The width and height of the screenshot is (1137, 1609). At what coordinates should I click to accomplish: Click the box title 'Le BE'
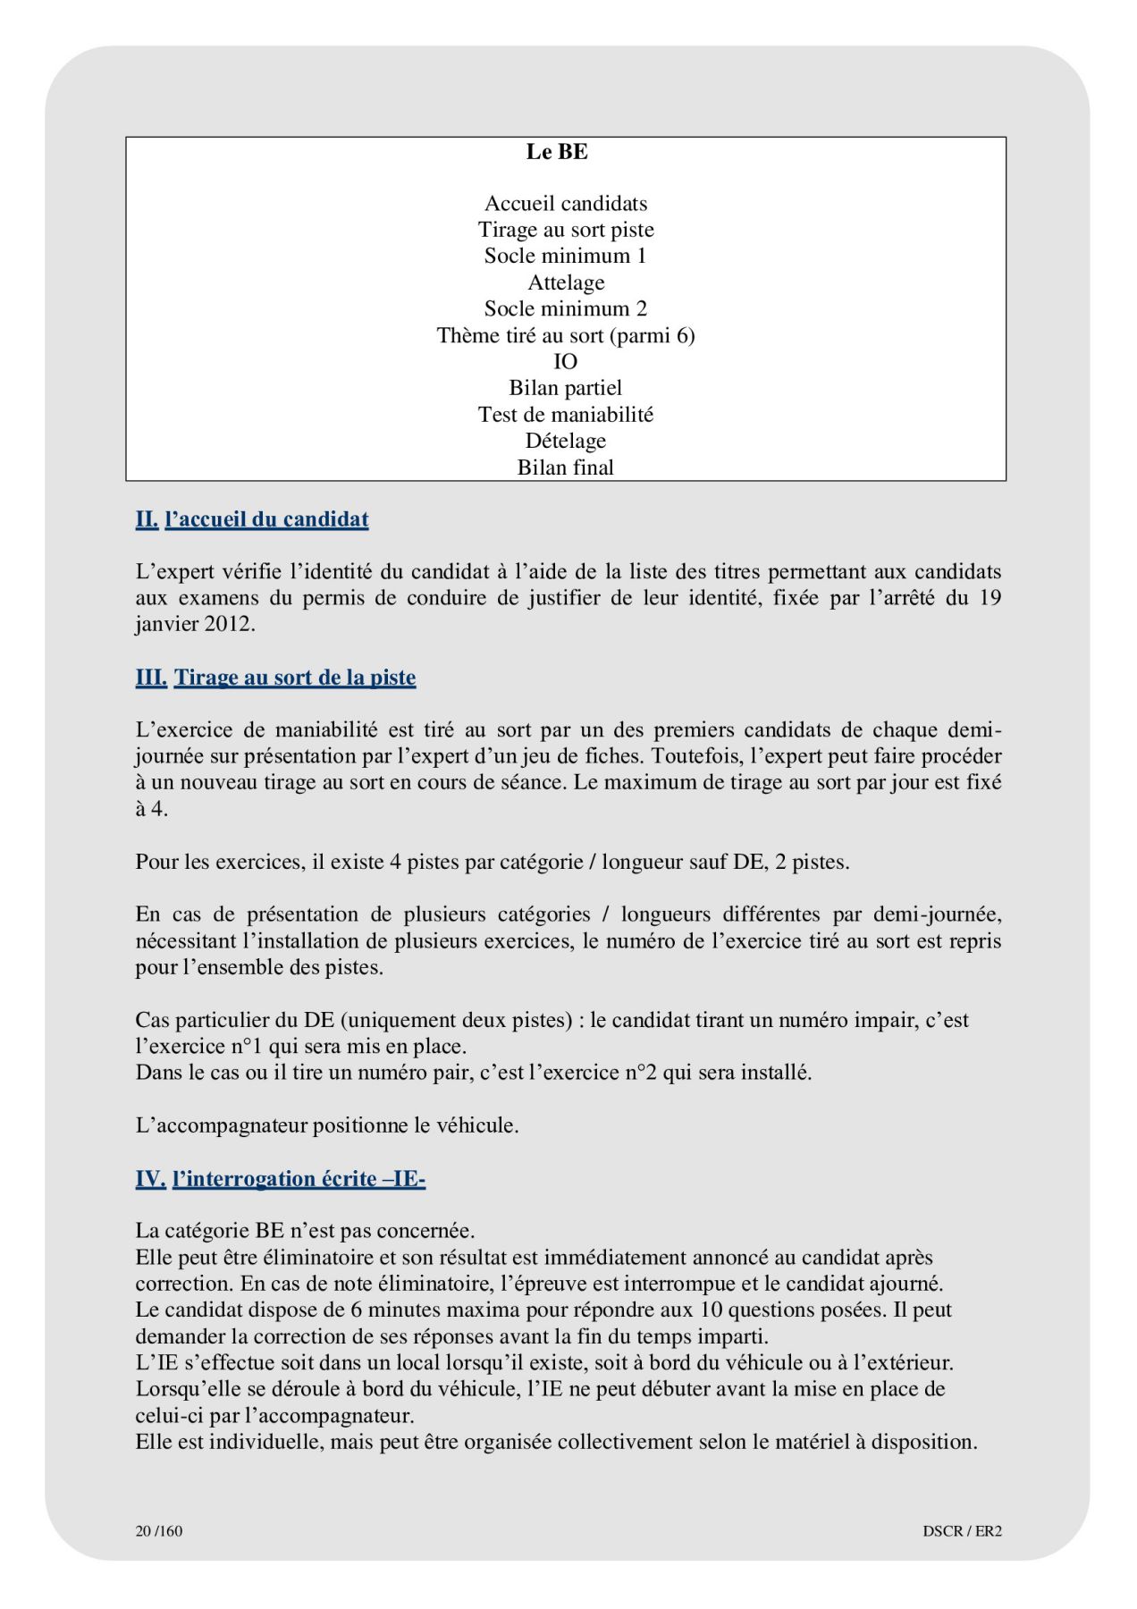point(557,152)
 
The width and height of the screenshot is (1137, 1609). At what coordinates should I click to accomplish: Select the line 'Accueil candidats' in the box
point(566,204)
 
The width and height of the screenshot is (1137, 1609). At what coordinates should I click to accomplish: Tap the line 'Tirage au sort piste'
point(566,230)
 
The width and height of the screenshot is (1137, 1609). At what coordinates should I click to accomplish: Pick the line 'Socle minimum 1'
point(566,256)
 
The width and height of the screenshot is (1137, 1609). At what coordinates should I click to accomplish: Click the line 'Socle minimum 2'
point(566,308)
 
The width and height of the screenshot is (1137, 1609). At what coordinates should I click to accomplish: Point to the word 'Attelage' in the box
point(566,282)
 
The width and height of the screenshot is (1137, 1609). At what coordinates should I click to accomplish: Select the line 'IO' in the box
point(566,361)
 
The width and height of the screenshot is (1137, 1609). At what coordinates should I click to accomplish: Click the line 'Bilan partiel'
point(566,388)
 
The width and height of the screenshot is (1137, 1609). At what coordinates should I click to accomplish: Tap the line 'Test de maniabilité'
point(566,414)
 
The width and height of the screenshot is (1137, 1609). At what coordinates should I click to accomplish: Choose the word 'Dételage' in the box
point(566,441)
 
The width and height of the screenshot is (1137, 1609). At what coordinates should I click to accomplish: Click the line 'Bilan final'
point(566,467)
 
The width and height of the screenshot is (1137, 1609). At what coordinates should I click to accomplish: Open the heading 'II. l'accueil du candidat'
point(252,519)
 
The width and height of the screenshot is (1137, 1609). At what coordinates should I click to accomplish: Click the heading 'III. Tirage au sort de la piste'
point(275,678)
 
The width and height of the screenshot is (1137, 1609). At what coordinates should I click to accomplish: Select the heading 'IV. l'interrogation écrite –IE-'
point(280,1179)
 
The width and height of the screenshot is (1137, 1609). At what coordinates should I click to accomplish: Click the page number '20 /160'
point(159,1530)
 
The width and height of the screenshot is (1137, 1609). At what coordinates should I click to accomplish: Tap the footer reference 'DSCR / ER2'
point(962,1530)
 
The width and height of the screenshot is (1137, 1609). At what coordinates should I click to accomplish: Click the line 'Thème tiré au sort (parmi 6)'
point(566,335)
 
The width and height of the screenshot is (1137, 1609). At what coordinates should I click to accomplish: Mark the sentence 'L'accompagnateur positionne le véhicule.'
point(327,1125)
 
